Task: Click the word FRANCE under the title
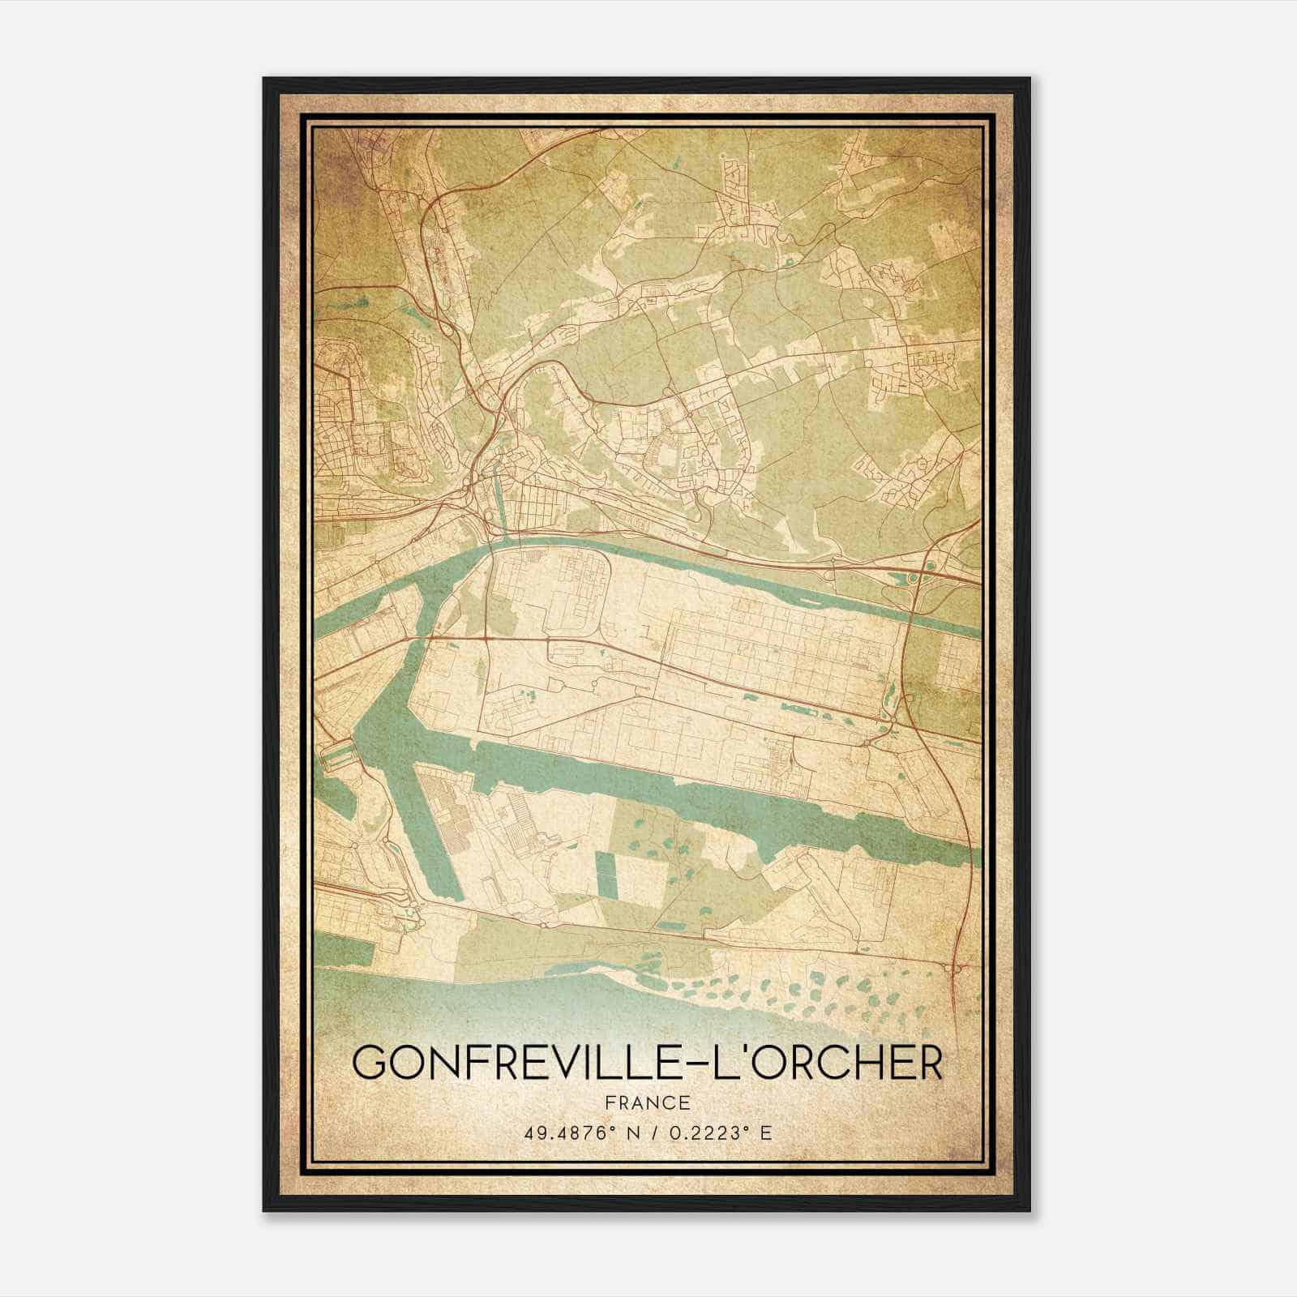(x=647, y=1102)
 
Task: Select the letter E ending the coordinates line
(x=766, y=1132)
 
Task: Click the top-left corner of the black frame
(x=264, y=79)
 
